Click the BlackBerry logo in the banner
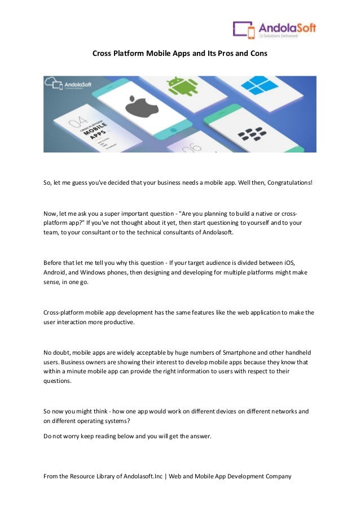tap(251, 134)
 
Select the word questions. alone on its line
tap(58, 381)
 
